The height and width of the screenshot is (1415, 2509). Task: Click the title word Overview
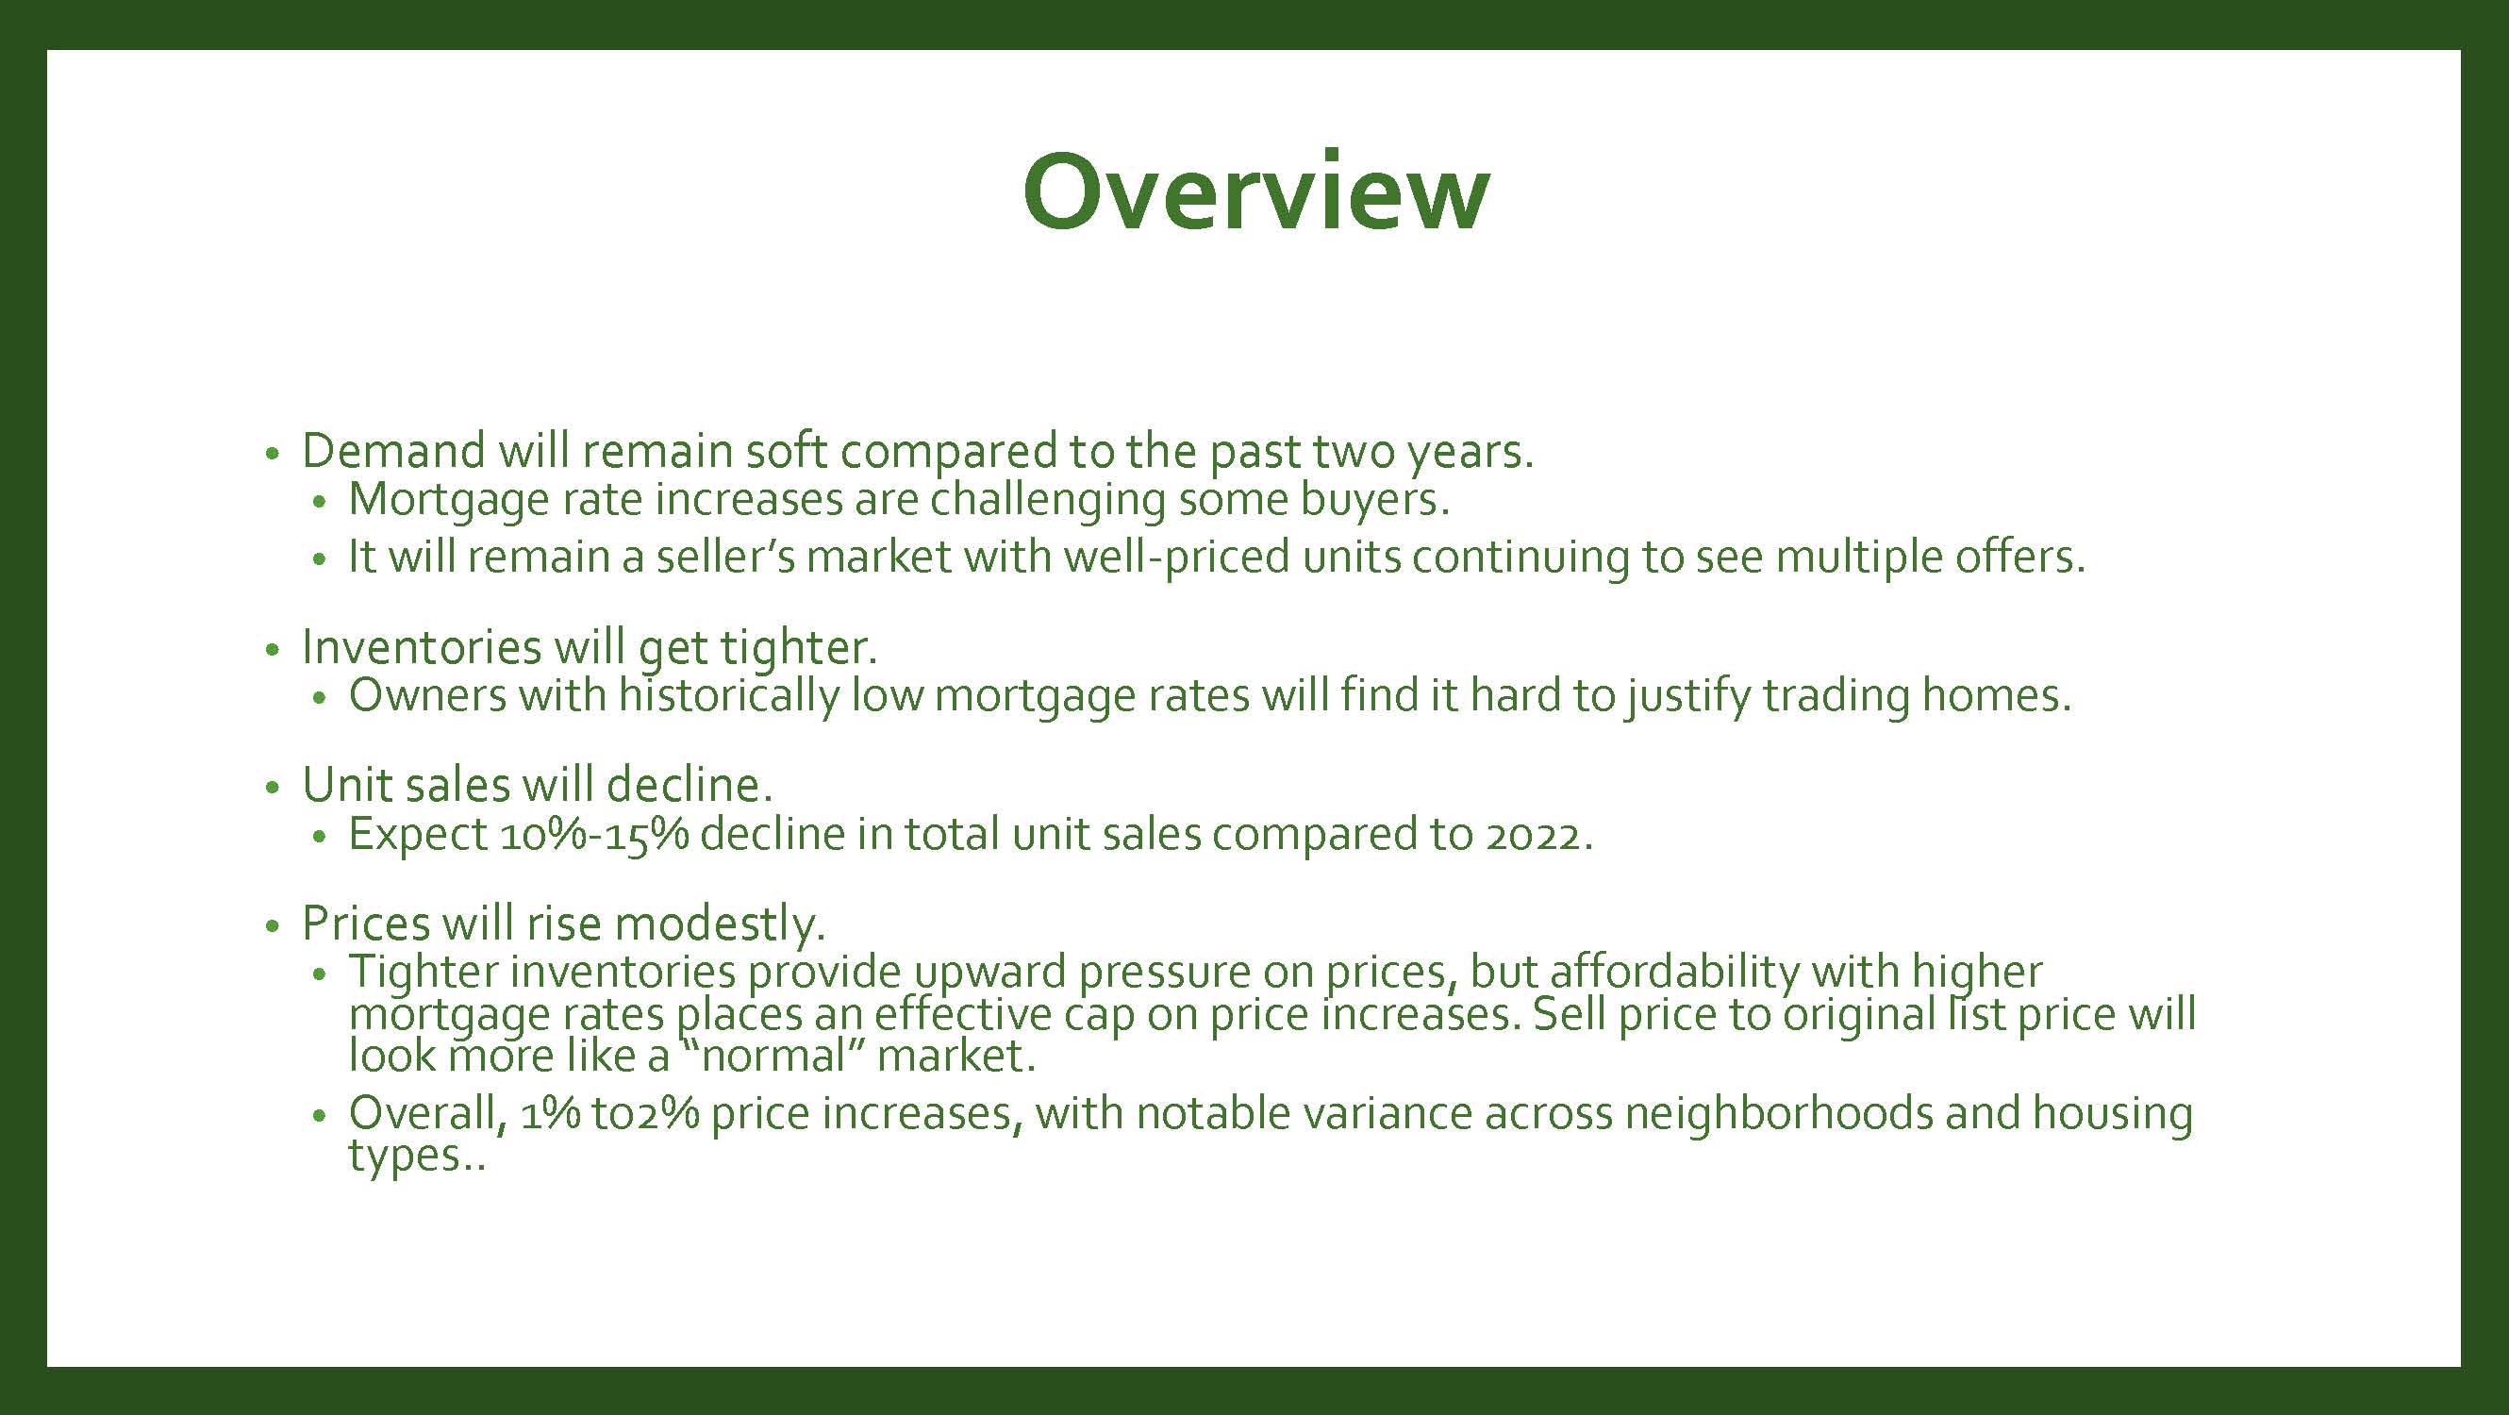pos(1255,191)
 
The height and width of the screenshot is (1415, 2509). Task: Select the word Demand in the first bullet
pos(393,451)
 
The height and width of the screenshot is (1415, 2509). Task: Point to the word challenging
pos(1047,500)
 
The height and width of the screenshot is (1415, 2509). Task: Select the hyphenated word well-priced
pos(1176,558)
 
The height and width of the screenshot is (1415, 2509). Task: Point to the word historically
pos(727,695)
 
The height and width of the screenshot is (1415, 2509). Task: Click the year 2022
pos(1537,835)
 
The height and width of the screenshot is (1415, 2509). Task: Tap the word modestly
pos(720,924)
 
